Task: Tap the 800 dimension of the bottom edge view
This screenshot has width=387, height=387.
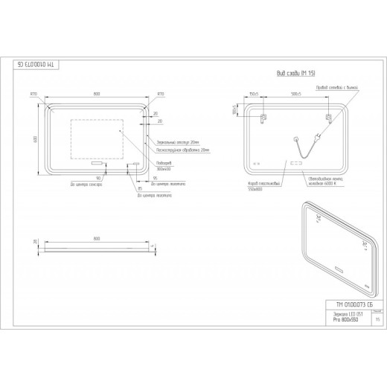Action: pyautogui.click(x=97, y=238)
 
